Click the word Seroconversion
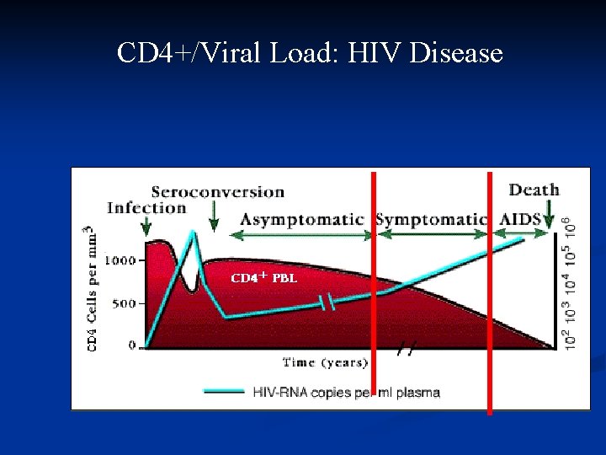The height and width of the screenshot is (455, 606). click(x=217, y=192)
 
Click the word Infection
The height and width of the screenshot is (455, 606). click(x=146, y=208)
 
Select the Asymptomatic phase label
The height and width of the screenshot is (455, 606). click(x=301, y=220)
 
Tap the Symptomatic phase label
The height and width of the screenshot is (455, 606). click(x=431, y=220)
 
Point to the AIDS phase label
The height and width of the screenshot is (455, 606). click(x=522, y=219)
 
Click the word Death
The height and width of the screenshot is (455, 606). click(x=534, y=190)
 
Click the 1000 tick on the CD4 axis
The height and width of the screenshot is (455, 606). click(x=119, y=260)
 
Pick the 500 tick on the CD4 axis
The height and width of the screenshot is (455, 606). click(x=123, y=303)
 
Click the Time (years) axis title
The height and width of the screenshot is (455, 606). click(x=325, y=362)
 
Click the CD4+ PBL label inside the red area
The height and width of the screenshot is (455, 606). click(x=263, y=277)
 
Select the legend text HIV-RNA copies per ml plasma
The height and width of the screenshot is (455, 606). click(x=346, y=393)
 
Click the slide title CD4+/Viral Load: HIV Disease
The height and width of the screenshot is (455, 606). click(x=310, y=54)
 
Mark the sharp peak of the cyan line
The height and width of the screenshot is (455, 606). click(x=193, y=233)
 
